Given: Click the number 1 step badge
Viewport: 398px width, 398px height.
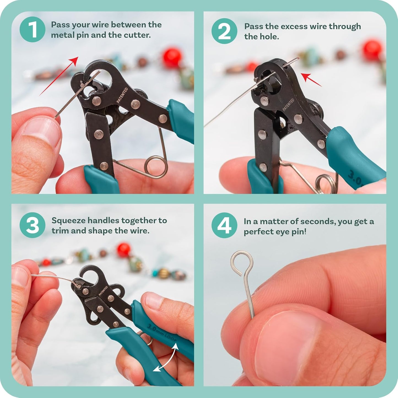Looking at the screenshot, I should [x=32, y=29].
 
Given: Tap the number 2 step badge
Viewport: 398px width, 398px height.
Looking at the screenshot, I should [x=224, y=31].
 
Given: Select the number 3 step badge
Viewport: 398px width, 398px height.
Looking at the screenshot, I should [x=32, y=225].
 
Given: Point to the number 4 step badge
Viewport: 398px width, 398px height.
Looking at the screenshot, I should [x=224, y=225].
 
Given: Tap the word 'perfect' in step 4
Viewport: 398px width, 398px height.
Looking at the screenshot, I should [x=258, y=232].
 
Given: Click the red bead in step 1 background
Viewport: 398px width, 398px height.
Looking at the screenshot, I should [x=172, y=58].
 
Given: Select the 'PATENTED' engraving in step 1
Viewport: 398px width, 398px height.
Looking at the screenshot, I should [x=122, y=96].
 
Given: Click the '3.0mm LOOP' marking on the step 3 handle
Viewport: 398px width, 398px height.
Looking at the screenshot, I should [x=161, y=332].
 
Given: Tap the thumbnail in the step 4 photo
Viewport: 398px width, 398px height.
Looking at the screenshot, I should [x=286, y=342].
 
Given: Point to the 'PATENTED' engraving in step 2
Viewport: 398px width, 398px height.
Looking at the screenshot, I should [x=288, y=105].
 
